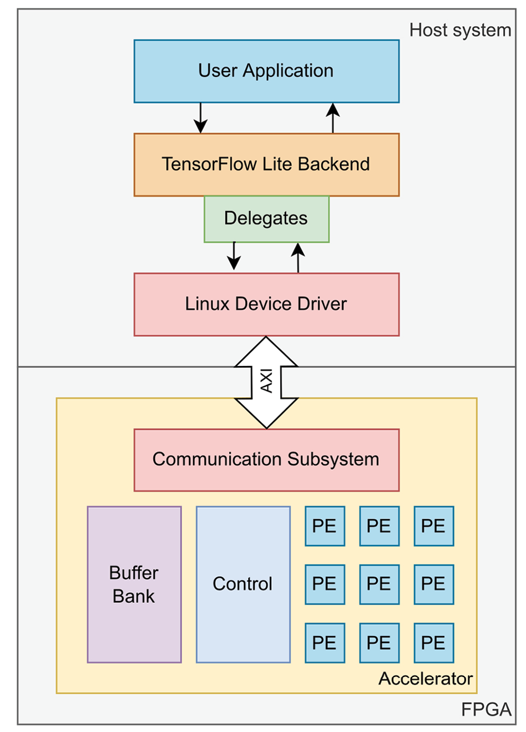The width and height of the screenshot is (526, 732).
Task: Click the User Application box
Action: [266, 71]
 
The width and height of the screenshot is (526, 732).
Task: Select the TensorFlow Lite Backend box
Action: [266, 165]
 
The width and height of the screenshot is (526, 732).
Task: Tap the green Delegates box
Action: [266, 218]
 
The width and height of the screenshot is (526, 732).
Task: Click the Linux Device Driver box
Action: [266, 304]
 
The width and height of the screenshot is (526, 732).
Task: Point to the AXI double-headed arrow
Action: [266, 382]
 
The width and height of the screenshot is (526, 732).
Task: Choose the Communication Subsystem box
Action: [266, 459]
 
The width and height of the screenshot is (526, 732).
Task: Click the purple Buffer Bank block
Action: [134, 584]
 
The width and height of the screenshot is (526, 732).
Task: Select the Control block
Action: [243, 584]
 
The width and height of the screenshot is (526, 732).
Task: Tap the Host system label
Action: [460, 30]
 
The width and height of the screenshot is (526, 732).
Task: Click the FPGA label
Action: [486, 710]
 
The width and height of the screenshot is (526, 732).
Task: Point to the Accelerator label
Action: [426, 679]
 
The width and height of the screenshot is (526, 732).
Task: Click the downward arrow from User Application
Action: [200, 118]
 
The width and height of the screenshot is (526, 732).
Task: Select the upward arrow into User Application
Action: [333, 118]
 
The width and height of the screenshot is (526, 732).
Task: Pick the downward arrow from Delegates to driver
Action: [233, 255]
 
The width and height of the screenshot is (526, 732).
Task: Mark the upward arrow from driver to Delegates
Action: [298, 257]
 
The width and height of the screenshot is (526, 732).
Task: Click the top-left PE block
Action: [325, 526]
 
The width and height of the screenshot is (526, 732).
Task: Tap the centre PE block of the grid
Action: [379, 584]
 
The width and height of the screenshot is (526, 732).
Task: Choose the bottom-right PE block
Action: [433, 643]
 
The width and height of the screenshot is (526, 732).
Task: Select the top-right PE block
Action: [433, 526]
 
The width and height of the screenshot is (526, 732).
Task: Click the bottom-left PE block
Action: [325, 643]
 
